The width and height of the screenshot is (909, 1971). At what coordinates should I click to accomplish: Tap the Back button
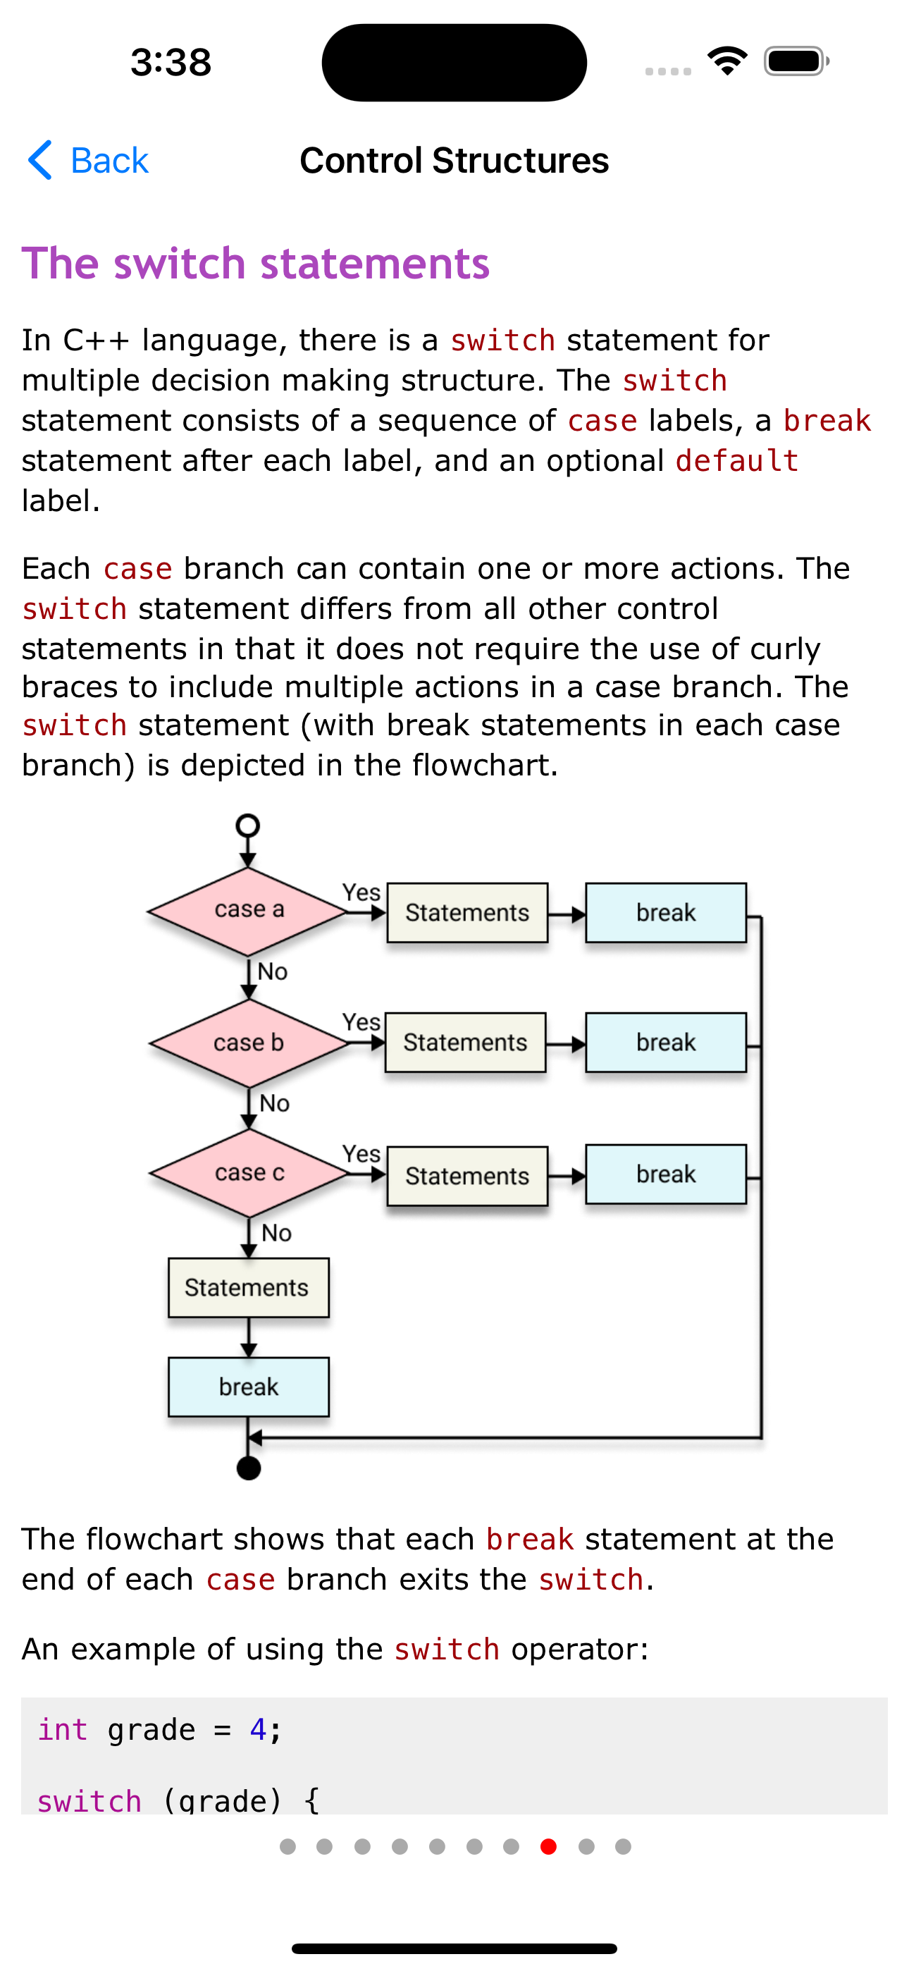coord(88,161)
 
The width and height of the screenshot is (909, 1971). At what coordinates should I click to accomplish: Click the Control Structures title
coord(455,161)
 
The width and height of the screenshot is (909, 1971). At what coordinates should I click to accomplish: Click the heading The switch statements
coord(256,263)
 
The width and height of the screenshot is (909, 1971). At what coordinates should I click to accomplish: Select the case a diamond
coord(248,911)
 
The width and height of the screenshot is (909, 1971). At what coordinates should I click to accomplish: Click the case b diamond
coord(249,1043)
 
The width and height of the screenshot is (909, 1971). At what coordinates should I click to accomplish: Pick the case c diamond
coord(249,1173)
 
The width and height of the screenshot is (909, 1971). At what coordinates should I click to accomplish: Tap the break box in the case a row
coord(666,913)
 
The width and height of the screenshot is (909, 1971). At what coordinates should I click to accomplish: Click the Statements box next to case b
coord(465,1043)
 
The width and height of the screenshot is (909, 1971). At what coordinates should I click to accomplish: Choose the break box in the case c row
coord(666,1174)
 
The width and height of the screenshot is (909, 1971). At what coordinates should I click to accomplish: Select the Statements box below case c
coord(249,1288)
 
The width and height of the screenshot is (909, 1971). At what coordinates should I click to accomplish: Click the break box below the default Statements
coord(249,1387)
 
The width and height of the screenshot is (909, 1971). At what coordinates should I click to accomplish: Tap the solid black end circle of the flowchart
coord(249,1468)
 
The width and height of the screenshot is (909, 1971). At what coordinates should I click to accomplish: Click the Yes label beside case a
coord(361,892)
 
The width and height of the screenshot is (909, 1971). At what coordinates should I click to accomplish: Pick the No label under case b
coord(274,1103)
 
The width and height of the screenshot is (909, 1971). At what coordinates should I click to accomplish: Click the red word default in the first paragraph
coord(737,461)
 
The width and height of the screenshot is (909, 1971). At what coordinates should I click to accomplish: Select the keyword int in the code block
coord(63,1730)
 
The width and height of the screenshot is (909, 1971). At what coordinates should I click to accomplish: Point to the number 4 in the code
coord(258,1730)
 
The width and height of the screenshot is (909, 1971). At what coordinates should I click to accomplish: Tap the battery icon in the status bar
coord(796,61)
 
